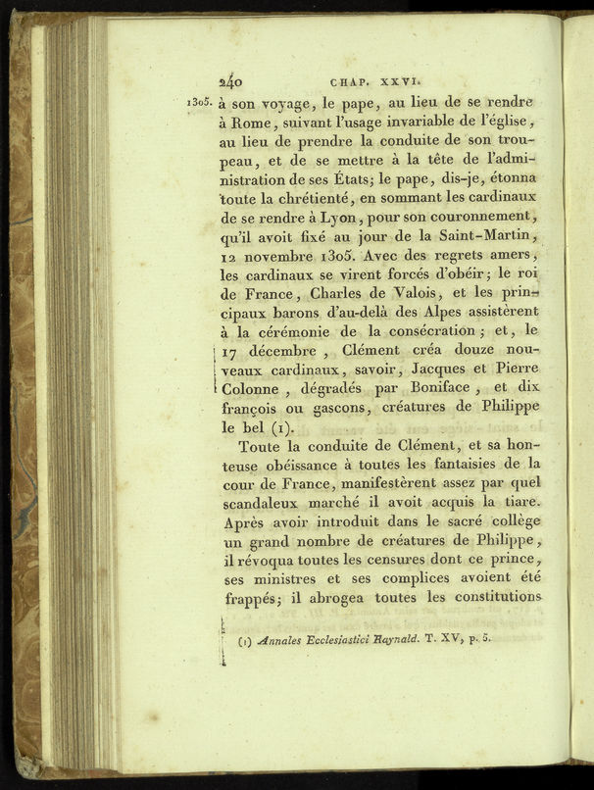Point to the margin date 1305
click(x=199, y=102)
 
